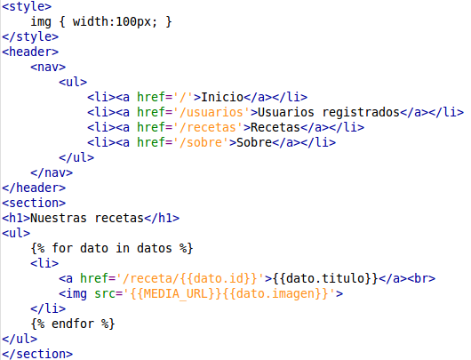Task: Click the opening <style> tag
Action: click(x=27, y=6)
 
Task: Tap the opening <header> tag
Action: click(x=30, y=52)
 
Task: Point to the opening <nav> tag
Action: click(x=48, y=67)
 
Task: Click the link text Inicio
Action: click(x=222, y=97)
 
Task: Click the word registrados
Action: click(x=361, y=113)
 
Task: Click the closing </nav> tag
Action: click(x=52, y=172)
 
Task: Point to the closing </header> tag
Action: click(x=34, y=188)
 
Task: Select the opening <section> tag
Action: click(x=34, y=203)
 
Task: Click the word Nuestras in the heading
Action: click(x=59, y=218)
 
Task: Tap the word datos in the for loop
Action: click(x=155, y=248)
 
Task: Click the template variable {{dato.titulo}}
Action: click(x=325, y=278)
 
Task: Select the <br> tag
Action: click(x=421, y=278)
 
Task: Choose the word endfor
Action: click(x=73, y=324)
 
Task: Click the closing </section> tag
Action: click(x=37, y=354)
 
